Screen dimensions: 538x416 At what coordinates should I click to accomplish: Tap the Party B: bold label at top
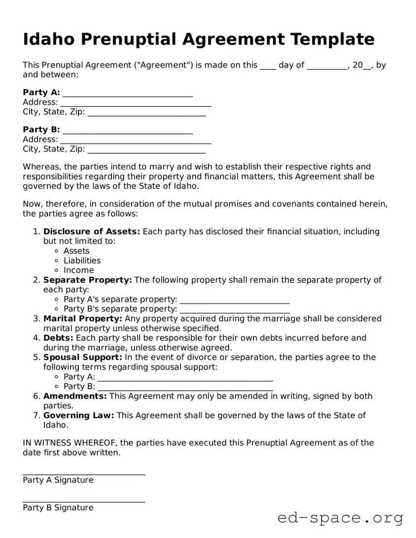pyautogui.click(x=41, y=130)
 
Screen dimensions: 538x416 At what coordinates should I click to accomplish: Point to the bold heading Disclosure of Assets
pyautogui.click(x=92, y=232)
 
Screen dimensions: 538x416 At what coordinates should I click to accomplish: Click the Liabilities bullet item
pyautogui.click(x=82, y=261)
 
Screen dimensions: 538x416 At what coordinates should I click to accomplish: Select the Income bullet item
pyautogui.click(x=78, y=270)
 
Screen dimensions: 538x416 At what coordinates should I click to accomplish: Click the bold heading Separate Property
pyautogui.click(x=87, y=280)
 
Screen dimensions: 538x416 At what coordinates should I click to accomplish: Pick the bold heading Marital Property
pyautogui.click(x=83, y=319)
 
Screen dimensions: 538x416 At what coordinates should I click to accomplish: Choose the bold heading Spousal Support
pyautogui.click(x=82, y=357)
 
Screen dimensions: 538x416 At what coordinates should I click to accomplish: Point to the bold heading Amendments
pyautogui.click(x=75, y=396)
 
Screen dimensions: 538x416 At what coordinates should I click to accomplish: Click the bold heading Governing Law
pyautogui.click(x=78, y=415)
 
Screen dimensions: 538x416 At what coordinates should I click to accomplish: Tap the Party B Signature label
pyautogui.click(x=58, y=508)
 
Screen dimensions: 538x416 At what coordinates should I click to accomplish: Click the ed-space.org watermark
pyautogui.click(x=340, y=518)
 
